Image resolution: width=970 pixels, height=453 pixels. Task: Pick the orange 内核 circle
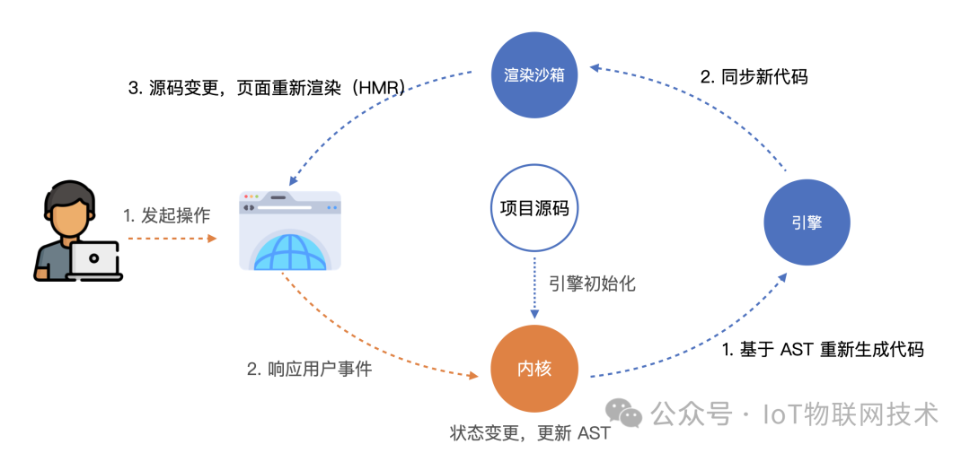(533, 370)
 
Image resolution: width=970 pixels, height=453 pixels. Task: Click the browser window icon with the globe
(290, 230)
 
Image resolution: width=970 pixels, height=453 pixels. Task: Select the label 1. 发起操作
(166, 215)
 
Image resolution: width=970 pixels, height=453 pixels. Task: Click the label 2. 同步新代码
(754, 76)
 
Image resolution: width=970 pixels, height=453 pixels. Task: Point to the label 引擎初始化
(592, 285)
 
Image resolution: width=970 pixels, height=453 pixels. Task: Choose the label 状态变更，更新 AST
(530, 432)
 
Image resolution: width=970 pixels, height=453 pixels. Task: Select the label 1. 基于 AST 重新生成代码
(823, 350)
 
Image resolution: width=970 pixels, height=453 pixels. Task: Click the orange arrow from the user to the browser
(172, 238)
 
